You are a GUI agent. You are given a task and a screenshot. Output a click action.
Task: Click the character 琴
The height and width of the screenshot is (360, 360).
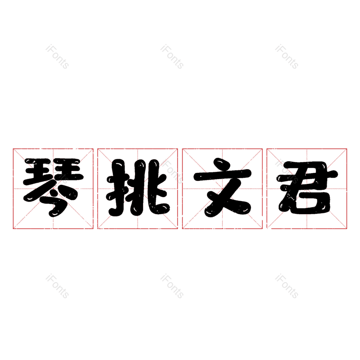click(x=53, y=188)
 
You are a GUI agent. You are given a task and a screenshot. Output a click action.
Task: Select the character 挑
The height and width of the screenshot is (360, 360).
click(x=138, y=188)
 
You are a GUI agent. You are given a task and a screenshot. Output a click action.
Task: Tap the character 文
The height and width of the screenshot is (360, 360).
click(x=222, y=188)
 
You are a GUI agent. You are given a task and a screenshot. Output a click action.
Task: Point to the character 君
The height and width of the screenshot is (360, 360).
click(x=307, y=188)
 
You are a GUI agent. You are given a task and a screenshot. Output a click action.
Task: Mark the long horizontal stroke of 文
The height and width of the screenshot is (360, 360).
click(x=222, y=175)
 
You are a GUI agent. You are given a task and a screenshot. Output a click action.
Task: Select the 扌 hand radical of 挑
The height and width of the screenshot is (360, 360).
click(x=117, y=188)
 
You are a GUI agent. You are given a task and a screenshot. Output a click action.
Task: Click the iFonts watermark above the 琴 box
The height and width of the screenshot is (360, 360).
click(x=58, y=57)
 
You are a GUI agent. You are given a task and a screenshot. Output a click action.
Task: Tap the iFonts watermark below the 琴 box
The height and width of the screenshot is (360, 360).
click(x=58, y=286)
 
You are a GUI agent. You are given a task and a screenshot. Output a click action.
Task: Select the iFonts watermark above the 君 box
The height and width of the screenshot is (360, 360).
click(x=287, y=57)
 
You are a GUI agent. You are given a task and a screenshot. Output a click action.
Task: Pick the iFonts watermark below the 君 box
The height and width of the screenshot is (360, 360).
click(x=287, y=286)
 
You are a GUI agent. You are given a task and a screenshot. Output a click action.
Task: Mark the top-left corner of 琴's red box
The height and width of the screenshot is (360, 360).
click(x=13, y=149)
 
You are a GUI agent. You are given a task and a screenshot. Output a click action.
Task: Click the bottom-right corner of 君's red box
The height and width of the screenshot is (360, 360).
click(x=346, y=229)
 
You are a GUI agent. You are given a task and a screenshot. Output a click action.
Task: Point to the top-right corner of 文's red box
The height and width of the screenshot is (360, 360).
click(x=262, y=149)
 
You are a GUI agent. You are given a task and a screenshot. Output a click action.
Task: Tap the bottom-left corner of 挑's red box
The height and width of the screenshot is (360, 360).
click(x=98, y=229)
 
